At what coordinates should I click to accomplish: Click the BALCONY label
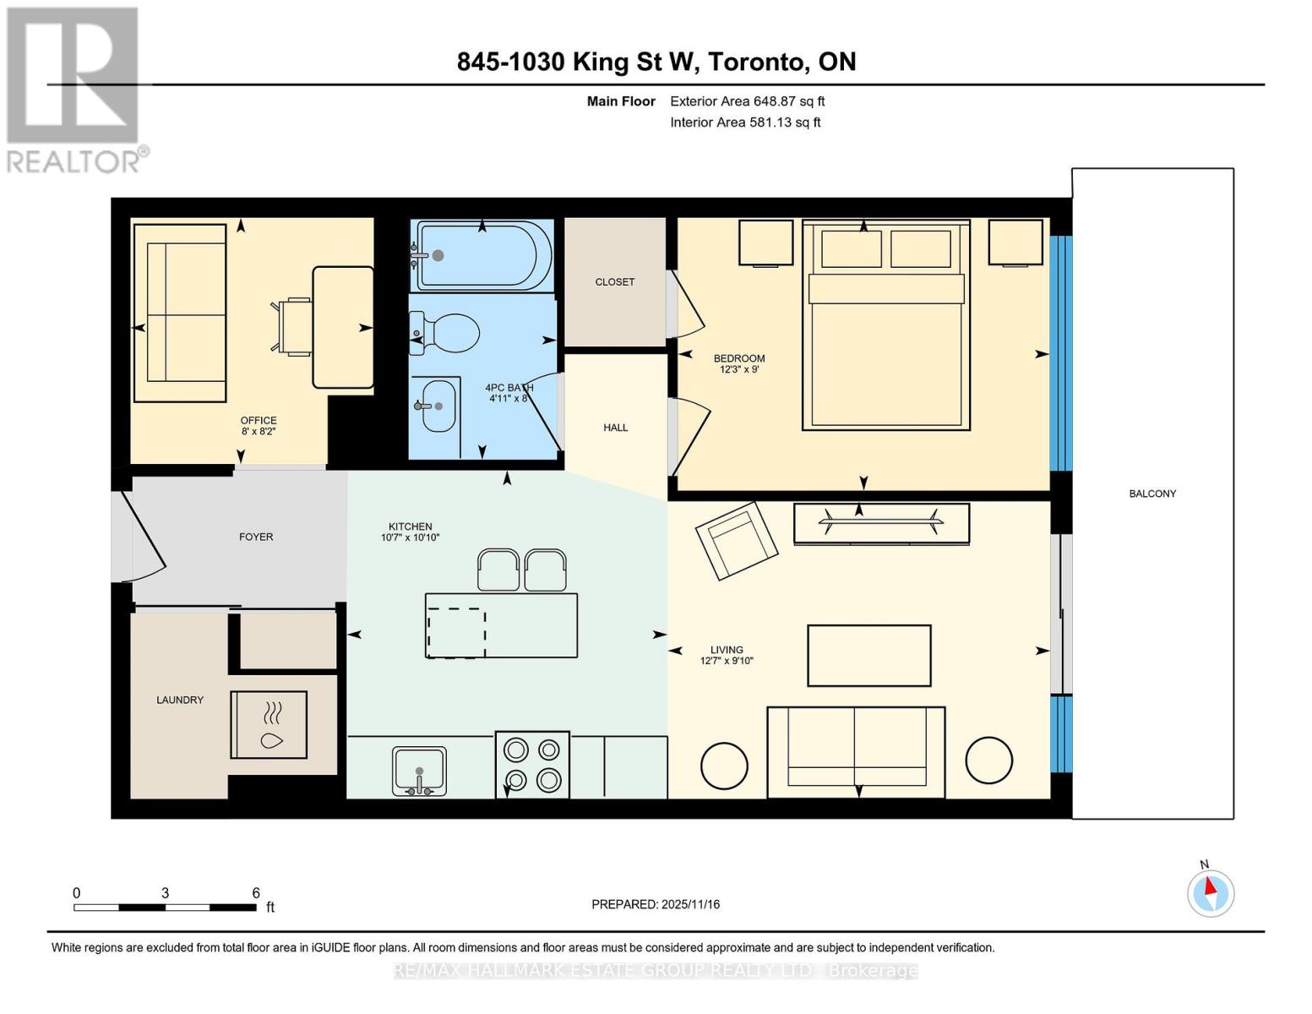(1152, 493)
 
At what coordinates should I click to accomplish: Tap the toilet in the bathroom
(447, 333)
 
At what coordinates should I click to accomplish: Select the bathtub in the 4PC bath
(483, 255)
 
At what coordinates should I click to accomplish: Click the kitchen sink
(419, 771)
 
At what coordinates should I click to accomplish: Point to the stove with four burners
(532, 765)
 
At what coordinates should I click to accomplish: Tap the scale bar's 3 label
(165, 893)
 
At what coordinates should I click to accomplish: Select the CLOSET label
(614, 282)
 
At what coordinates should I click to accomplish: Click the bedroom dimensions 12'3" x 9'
(739, 369)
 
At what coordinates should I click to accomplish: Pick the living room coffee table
(868, 656)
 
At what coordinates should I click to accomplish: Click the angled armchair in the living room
(736, 541)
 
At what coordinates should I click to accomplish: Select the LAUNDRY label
(180, 700)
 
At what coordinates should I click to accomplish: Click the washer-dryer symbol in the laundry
(269, 724)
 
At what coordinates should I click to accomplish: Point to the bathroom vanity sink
(438, 406)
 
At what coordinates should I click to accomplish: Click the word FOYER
(256, 537)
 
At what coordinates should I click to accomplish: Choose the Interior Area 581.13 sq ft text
(745, 123)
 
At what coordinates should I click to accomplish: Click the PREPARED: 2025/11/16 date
(656, 904)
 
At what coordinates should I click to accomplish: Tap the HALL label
(615, 428)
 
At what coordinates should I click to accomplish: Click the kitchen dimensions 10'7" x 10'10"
(410, 537)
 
